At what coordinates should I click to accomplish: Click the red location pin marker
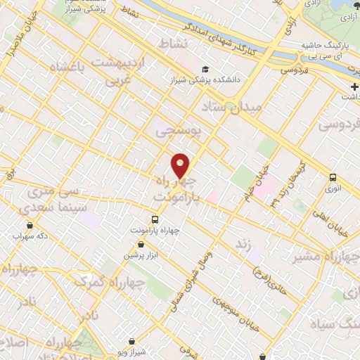(181, 165)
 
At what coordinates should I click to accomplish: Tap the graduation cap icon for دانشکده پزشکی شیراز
(205, 70)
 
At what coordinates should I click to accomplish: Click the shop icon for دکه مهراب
(30, 226)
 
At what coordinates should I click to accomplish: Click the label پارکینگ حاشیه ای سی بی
(325, 50)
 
